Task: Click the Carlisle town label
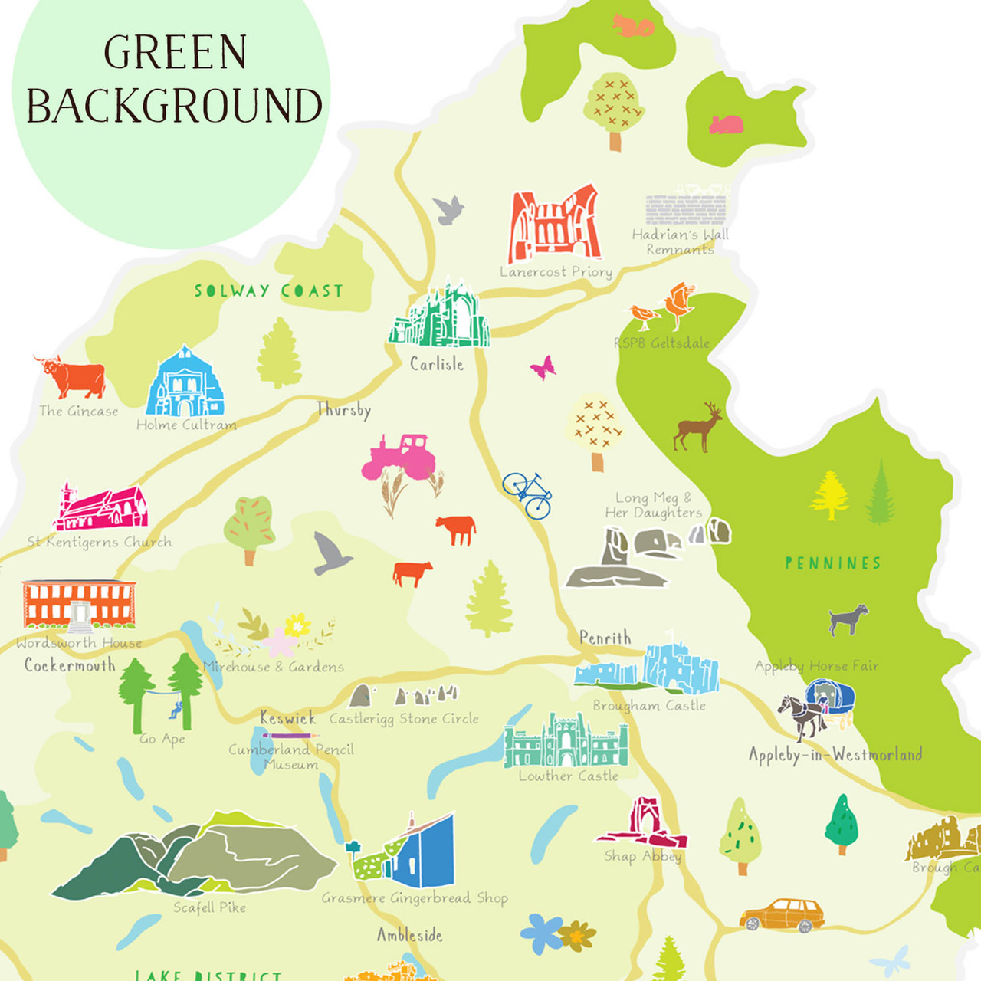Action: [436, 364]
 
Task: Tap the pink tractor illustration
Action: [399, 457]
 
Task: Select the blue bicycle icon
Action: [527, 495]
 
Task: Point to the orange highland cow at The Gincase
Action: [73, 376]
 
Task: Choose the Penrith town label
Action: [605, 638]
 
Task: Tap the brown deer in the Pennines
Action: [697, 428]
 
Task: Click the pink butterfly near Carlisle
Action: [543, 367]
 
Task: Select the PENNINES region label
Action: [832, 563]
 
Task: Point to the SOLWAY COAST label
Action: [268, 291]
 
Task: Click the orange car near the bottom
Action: [783, 915]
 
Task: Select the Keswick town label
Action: [287, 718]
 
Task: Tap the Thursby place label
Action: [343, 410]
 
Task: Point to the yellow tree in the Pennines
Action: [829, 495]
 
